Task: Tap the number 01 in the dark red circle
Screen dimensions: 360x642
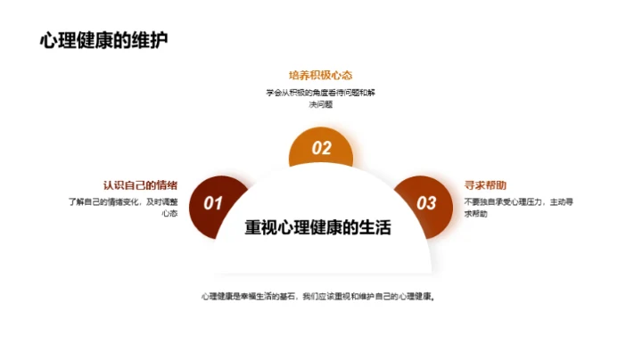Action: pos(213,204)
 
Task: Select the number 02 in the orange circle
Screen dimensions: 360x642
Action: pos(321,149)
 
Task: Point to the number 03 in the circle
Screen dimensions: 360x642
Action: pos(427,204)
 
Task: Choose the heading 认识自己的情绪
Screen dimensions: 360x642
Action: pos(140,185)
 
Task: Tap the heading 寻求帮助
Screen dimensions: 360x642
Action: pos(485,185)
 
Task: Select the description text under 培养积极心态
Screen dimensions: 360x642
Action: pos(319,99)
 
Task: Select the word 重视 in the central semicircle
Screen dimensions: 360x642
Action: pos(261,228)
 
